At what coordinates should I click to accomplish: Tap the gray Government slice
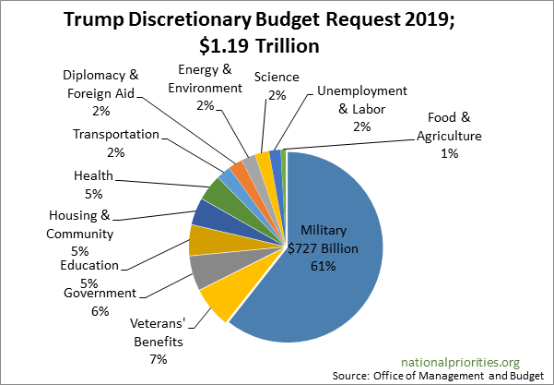tap(204, 271)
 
